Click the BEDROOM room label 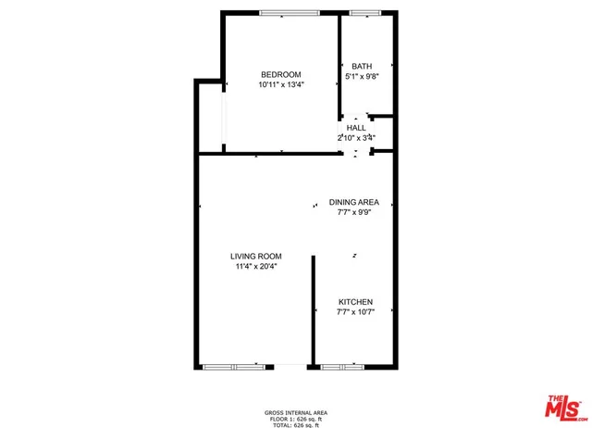280,74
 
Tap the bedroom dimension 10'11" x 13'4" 281,84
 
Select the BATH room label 361,66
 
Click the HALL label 356,128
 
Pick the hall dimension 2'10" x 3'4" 356,138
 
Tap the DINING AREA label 354,202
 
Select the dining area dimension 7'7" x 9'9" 354,212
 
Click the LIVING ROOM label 256,257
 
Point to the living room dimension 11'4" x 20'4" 256,267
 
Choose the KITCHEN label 355,302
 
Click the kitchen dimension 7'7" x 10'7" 355,312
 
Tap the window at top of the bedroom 290,12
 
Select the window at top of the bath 364,12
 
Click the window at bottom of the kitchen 343,367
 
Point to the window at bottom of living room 234,367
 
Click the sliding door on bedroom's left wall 222,120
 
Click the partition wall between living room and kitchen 313,310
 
